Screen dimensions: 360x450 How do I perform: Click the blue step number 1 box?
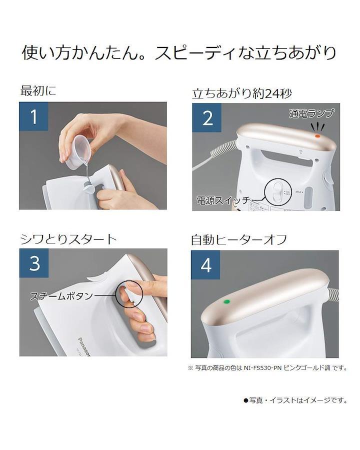coord(33,116)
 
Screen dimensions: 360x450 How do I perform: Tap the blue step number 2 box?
coord(206,117)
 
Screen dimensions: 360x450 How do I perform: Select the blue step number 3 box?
coord(34,263)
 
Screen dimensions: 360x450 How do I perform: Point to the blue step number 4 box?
coord(205,264)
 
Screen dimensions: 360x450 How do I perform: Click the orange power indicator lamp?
coord(317,136)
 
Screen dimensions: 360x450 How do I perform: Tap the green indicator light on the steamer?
coord(226,302)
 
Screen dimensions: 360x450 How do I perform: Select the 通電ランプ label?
coord(312,113)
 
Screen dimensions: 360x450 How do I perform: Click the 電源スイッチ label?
coord(223,200)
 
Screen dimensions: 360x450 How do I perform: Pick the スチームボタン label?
coord(61,296)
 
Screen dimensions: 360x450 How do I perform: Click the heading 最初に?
coord(38,90)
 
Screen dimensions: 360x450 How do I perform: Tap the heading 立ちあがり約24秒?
coord(241,93)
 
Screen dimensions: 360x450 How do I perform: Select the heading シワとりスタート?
coord(68,239)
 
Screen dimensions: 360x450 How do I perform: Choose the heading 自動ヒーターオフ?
coord(239,239)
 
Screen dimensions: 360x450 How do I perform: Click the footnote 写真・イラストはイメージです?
coord(295,400)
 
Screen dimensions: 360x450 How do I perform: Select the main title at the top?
coord(179,53)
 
